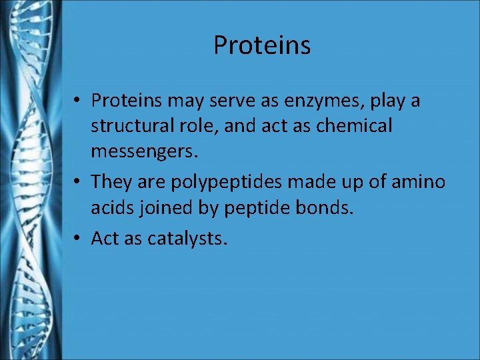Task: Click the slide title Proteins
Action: click(x=262, y=45)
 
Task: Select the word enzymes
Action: click(x=331, y=101)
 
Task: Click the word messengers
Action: click(x=145, y=152)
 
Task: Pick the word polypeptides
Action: click(x=221, y=181)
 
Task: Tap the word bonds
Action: click(x=325, y=207)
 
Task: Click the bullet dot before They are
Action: click(x=78, y=181)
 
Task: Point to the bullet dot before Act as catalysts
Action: click(x=78, y=237)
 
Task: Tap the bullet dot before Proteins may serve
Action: click(x=78, y=101)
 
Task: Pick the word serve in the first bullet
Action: click(x=255, y=101)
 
